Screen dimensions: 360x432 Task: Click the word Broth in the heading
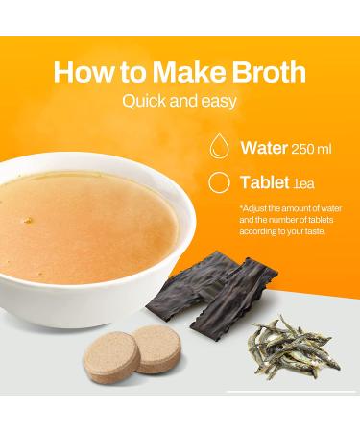[x=269, y=72]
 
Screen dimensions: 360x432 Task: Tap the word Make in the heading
[x=190, y=72]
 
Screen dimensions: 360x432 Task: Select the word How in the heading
[x=84, y=72]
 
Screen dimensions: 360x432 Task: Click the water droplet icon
[x=220, y=146]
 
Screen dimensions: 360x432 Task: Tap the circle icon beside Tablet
[x=219, y=182]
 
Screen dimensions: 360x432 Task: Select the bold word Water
[x=264, y=148]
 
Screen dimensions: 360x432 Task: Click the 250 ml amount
[x=311, y=149]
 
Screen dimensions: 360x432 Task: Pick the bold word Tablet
[x=265, y=182]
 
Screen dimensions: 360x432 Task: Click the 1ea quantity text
[x=303, y=183]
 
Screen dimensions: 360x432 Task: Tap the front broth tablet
[x=111, y=358]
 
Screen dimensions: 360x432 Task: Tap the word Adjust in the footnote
[x=253, y=209]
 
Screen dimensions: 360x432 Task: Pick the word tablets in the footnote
[x=320, y=220]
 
